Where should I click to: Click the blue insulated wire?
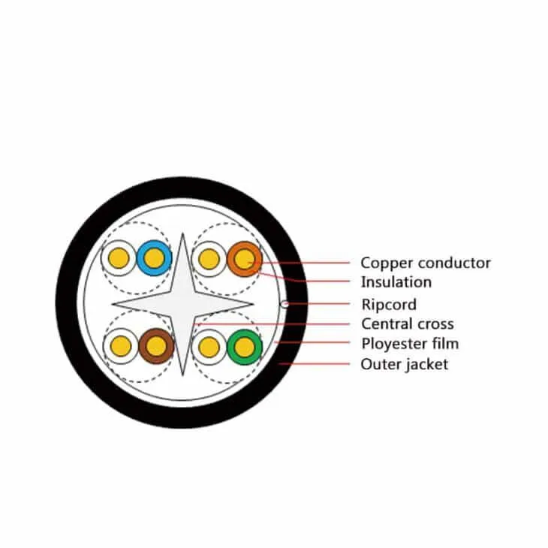pos(154,258)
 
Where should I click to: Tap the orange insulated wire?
pos(244,259)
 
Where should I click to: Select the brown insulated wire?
pos(156,346)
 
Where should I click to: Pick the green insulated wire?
pos(245,347)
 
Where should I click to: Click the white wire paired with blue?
pos(119,258)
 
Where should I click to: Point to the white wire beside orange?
pos(209,259)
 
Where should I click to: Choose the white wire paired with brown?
pos(121,346)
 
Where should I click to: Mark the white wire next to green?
pos(209,347)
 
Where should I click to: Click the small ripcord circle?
pos(285,305)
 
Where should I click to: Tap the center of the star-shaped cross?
pos(182,305)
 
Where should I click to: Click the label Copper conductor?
pos(426,263)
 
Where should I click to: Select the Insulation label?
pos(396,282)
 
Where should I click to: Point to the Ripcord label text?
pos(389,305)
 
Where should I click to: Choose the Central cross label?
pos(408,324)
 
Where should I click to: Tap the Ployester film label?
pos(410,344)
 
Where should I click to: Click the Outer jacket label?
pos(405,364)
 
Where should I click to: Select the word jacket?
pos(427,365)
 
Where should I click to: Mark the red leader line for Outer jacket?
pos(315,364)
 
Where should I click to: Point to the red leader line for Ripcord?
pos(319,304)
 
